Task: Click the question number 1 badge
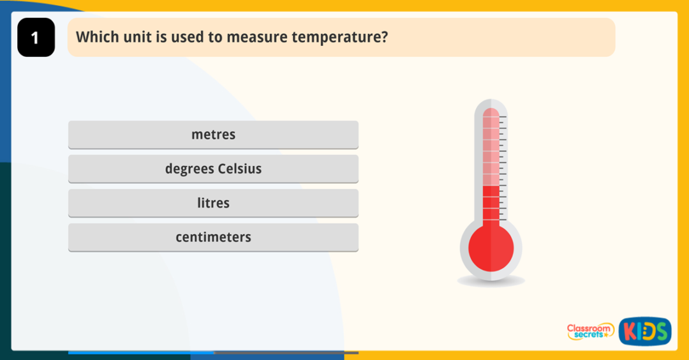tap(36, 38)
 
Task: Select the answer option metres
tap(213, 135)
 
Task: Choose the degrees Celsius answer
tap(213, 169)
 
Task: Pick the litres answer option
tap(213, 203)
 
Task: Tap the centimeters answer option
tap(213, 237)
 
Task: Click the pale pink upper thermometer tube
tap(491, 147)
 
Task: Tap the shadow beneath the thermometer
tap(491, 281)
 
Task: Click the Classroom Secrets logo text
tap(589, 331)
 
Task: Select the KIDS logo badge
tap(644, 331)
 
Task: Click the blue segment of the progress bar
tap(140, 352)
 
